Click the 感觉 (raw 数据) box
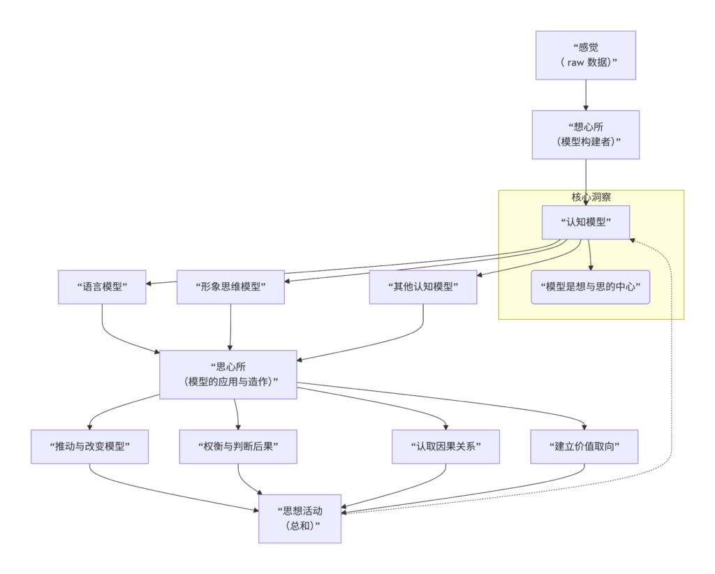(586, 55)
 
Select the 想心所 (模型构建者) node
(586, 134)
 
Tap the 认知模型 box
(586, 223)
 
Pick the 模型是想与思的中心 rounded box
(590, 287)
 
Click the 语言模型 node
(102, 287)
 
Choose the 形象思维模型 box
(230, 287)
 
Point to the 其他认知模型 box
(422, 287)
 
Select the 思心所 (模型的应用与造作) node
(228, 374)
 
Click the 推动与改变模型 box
(89, 446)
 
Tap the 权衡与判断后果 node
(238, 446)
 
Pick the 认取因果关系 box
(445, 446)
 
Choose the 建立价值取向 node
(584, 446)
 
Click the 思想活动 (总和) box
(300, 518)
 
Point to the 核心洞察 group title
(591, 197)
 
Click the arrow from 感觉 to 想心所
(586, 94)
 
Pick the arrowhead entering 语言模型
(150, 283)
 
